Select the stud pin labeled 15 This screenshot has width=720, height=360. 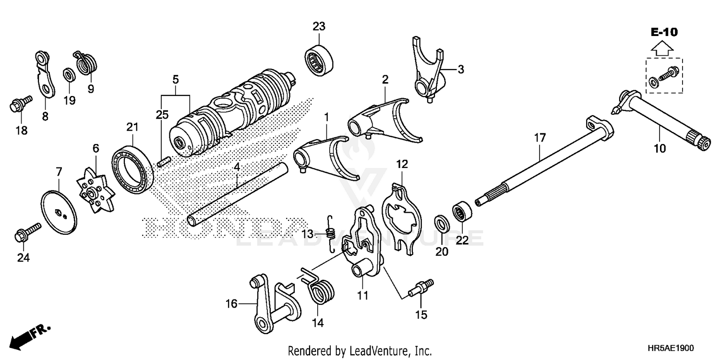pos(421,289)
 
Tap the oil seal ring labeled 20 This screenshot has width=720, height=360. pos(441,224)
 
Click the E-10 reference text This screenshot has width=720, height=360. pos(664,32)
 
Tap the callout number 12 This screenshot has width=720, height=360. pos(402,164)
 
